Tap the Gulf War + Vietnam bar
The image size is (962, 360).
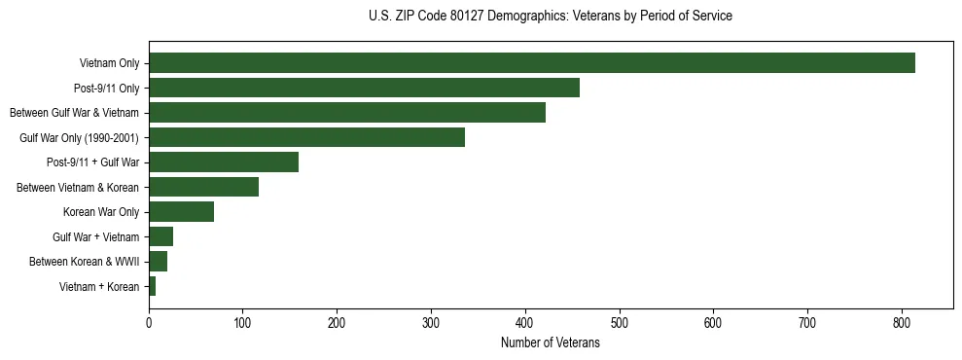[160, 236]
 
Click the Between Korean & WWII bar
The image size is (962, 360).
[158, 262]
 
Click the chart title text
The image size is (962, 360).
[551, 17]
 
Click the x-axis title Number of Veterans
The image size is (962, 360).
[551, 343]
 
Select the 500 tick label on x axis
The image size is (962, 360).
[620, 324]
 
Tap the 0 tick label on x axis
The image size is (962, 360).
[149, 324]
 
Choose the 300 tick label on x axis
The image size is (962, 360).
[431, 324]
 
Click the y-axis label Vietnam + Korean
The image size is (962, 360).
[99, 287]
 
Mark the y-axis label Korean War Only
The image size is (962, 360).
[101, 212]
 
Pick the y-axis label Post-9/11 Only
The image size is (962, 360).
[106, 89]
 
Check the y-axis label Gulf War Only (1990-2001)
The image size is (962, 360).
[80, 138]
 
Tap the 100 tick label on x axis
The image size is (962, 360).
[243, 324]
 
